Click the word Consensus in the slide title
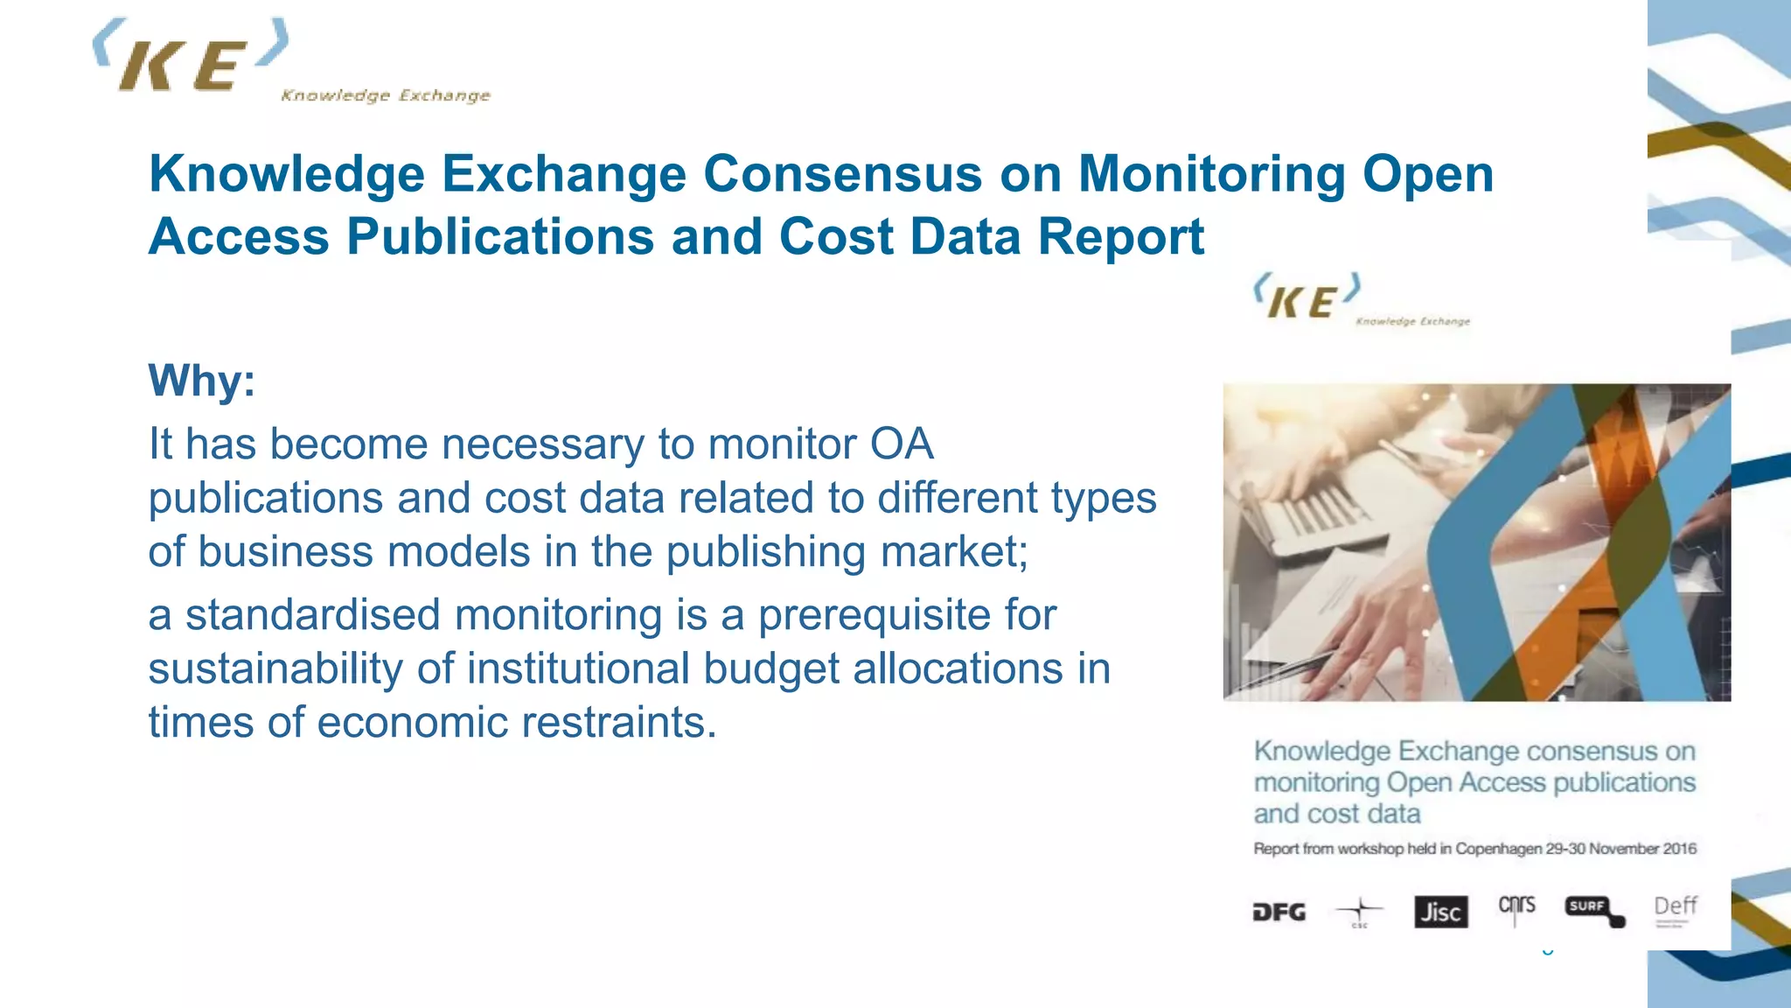pyautogui.click(x=843, y=173)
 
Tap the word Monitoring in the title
pyautogui.click(x=1211, y=173)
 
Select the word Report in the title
pyautogui.click(x=1121, y=236)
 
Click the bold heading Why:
pyautogui.click(x=202, y=381)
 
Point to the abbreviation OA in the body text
pyautogui.click(x=901, y=444)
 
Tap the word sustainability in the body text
pyautogui.click(x=275, y=669)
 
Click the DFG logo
pyautogui.click(x=1279, y=913)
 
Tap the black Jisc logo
pyautogui.click(x=1440, y=912)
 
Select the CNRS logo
pyautogui.click(x=1516, y=906)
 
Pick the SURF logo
pyautogui.click(x=1593, y=909)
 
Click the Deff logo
pyautogui.click(x=1675, y=908)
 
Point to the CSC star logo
pyautogui.click(x=1360, y=912)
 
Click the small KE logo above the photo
pyautogui.click(x=1307, y=297)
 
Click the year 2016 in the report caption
pyautogui.click(x=1679, y=849)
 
